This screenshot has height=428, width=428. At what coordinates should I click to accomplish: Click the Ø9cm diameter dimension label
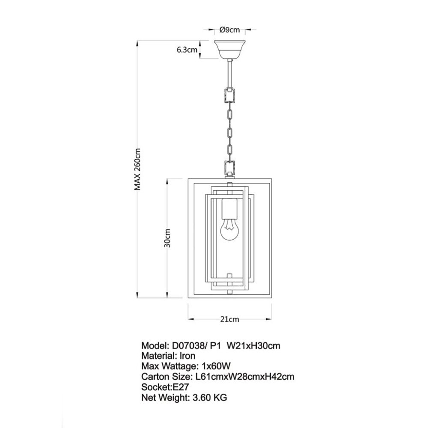point(229,30)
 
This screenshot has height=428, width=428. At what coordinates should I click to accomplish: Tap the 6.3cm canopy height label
point(187,50)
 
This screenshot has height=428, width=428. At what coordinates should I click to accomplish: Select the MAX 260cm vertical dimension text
point(137,169)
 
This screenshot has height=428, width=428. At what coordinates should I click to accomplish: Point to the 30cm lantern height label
point(167,238)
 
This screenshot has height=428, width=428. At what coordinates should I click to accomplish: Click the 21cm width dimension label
point(229,319)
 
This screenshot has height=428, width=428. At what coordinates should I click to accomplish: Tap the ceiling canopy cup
point(229,49)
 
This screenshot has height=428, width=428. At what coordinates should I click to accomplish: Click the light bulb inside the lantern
point(229,231)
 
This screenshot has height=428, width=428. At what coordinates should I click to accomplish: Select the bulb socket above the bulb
point(229,209)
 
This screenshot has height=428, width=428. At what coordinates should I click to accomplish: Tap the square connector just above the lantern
point(229,168)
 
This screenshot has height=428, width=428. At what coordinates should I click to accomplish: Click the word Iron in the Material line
point(187,356)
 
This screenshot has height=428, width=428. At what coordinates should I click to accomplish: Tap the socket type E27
point(181,387)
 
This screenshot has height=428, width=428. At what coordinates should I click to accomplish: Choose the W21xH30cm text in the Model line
point(253,346)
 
